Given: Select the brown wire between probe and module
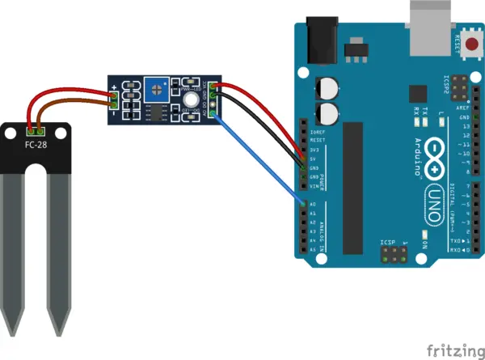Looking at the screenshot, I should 77,103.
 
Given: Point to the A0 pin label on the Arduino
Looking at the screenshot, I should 313,205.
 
